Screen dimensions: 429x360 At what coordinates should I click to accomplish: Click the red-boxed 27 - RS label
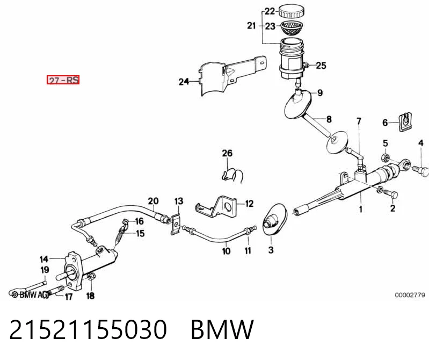[63, 80]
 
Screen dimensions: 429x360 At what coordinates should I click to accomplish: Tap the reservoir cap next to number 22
[292, 11]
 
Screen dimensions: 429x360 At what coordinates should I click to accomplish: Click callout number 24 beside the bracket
[184, 81]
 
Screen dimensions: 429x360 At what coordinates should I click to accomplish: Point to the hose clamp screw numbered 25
[306, 65]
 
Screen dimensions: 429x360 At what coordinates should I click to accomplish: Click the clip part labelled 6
[406, 122]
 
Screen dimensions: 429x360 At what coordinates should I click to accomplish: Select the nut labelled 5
[386, 157]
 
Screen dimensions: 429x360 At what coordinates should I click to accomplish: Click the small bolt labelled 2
[390, 193]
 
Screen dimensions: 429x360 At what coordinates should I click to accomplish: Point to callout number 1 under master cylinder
[361, 210]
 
